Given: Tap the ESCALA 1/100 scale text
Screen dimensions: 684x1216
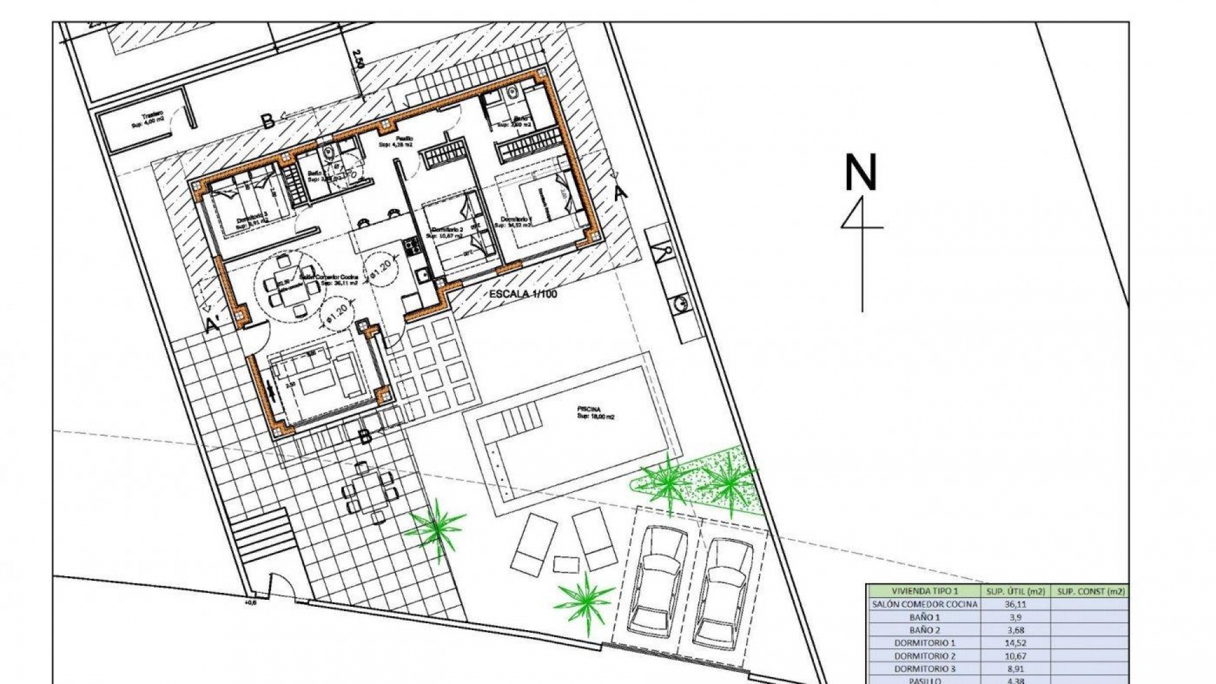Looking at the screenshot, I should click(523, 294).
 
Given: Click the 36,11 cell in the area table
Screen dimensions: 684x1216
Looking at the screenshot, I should click(1016, 604).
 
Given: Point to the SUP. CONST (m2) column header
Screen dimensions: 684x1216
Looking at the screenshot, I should click(1087, 591).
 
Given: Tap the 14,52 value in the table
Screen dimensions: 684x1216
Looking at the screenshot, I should click(1016, 643).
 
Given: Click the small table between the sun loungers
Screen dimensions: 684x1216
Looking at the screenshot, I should click(566, 563).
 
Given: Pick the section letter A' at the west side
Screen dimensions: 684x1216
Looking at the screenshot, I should click(213, 326).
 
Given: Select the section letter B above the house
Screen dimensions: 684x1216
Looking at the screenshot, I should click(268, 121).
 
